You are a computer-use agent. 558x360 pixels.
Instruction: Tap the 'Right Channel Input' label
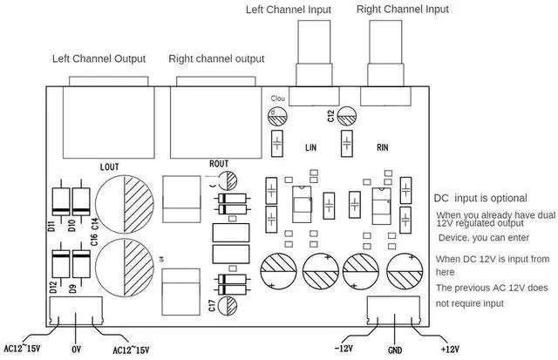(403, 10)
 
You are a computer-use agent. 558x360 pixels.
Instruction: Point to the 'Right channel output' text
(215, 59)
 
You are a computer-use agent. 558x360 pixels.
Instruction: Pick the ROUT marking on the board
(219, 163)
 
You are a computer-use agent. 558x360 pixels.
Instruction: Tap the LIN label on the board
(310, 146)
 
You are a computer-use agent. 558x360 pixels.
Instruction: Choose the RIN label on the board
(382, 146)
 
